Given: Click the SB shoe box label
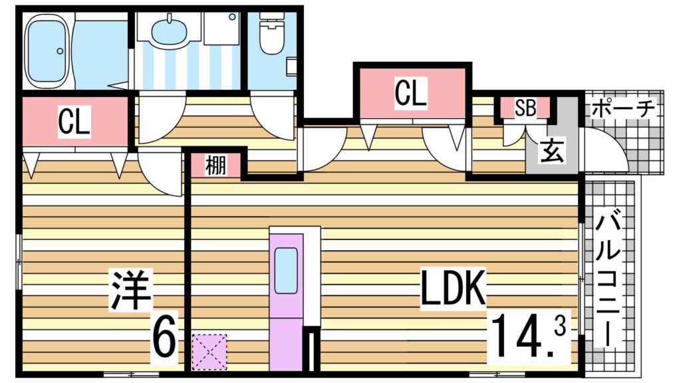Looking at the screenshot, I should pyautogui.click(x=525, y=108).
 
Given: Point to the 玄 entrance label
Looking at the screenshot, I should pyautogui.click(x=551, y=152).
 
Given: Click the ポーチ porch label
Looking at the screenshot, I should pyautogui.click(x=622, y=107).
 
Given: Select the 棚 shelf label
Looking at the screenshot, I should pyautogui.click(x=215, y=165).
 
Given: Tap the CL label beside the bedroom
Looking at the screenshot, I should pyautogui.click(x=74, y=122).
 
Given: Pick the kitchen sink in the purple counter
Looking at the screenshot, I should pyautogui.click(x=286, y=270).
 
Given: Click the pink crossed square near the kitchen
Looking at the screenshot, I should pyautogui.click(x=209, y=352).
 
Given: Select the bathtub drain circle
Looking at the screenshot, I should pyautogui.click(x=60, y=51).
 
